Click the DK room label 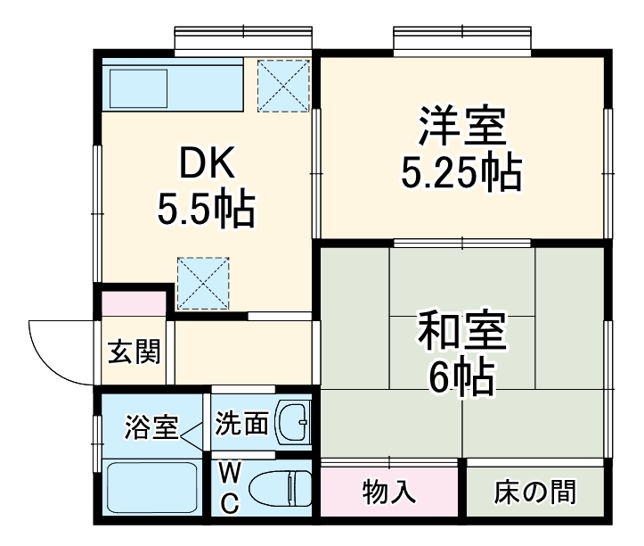click(207, 163)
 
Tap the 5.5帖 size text click(207, 211)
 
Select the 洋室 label click(461, 127)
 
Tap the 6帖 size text click(461, 380)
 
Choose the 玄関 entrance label click(135, 352)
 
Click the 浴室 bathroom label click(149, 426)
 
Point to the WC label click(229, 486)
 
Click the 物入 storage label click(389, 491)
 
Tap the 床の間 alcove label click(535, 491)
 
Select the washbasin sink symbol click(292, 422)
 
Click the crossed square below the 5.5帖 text click(203, 282)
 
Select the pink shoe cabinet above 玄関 click(133, 302)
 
